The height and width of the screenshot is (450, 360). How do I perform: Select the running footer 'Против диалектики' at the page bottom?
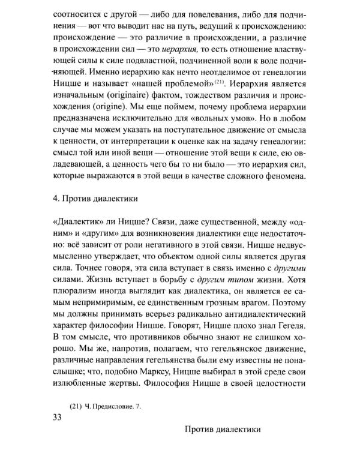221,430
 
